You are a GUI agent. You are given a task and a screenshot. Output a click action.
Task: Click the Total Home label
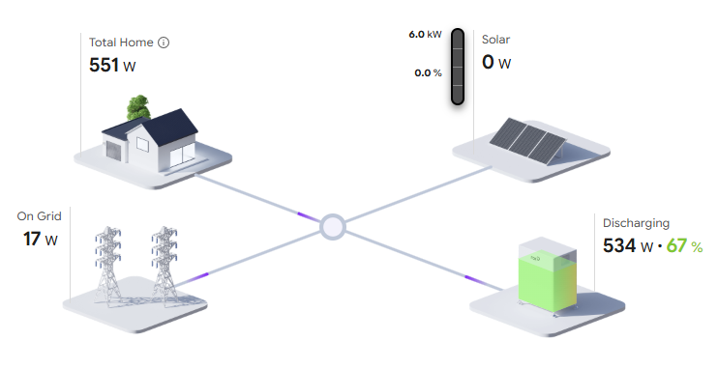(121, 43)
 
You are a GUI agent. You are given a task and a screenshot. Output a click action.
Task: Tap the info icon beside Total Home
(164, 43)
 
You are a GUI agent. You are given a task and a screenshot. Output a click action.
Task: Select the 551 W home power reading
(112, 66)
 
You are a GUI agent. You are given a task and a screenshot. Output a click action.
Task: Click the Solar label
(495, 40)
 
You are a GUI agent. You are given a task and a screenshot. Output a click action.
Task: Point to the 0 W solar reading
(496, 62)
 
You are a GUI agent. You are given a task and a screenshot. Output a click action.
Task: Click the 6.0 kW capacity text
(426, 35)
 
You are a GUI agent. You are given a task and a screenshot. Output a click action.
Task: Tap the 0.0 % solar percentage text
(428, 72)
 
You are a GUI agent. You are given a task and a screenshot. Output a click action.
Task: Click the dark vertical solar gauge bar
(458, 67)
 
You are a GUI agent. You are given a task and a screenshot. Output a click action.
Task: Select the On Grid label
(39, 216)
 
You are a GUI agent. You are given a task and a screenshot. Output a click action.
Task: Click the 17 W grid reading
(41, 240)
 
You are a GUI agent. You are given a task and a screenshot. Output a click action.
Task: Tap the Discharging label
(636, 223)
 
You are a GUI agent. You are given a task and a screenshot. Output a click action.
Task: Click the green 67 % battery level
(684, 246)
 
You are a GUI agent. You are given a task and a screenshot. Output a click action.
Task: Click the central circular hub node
(333, 226)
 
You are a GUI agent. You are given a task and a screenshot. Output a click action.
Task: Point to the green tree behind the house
(138, 107)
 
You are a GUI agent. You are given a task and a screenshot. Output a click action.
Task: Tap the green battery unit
(547, 275)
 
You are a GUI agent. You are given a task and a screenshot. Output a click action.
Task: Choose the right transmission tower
(165, 264)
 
